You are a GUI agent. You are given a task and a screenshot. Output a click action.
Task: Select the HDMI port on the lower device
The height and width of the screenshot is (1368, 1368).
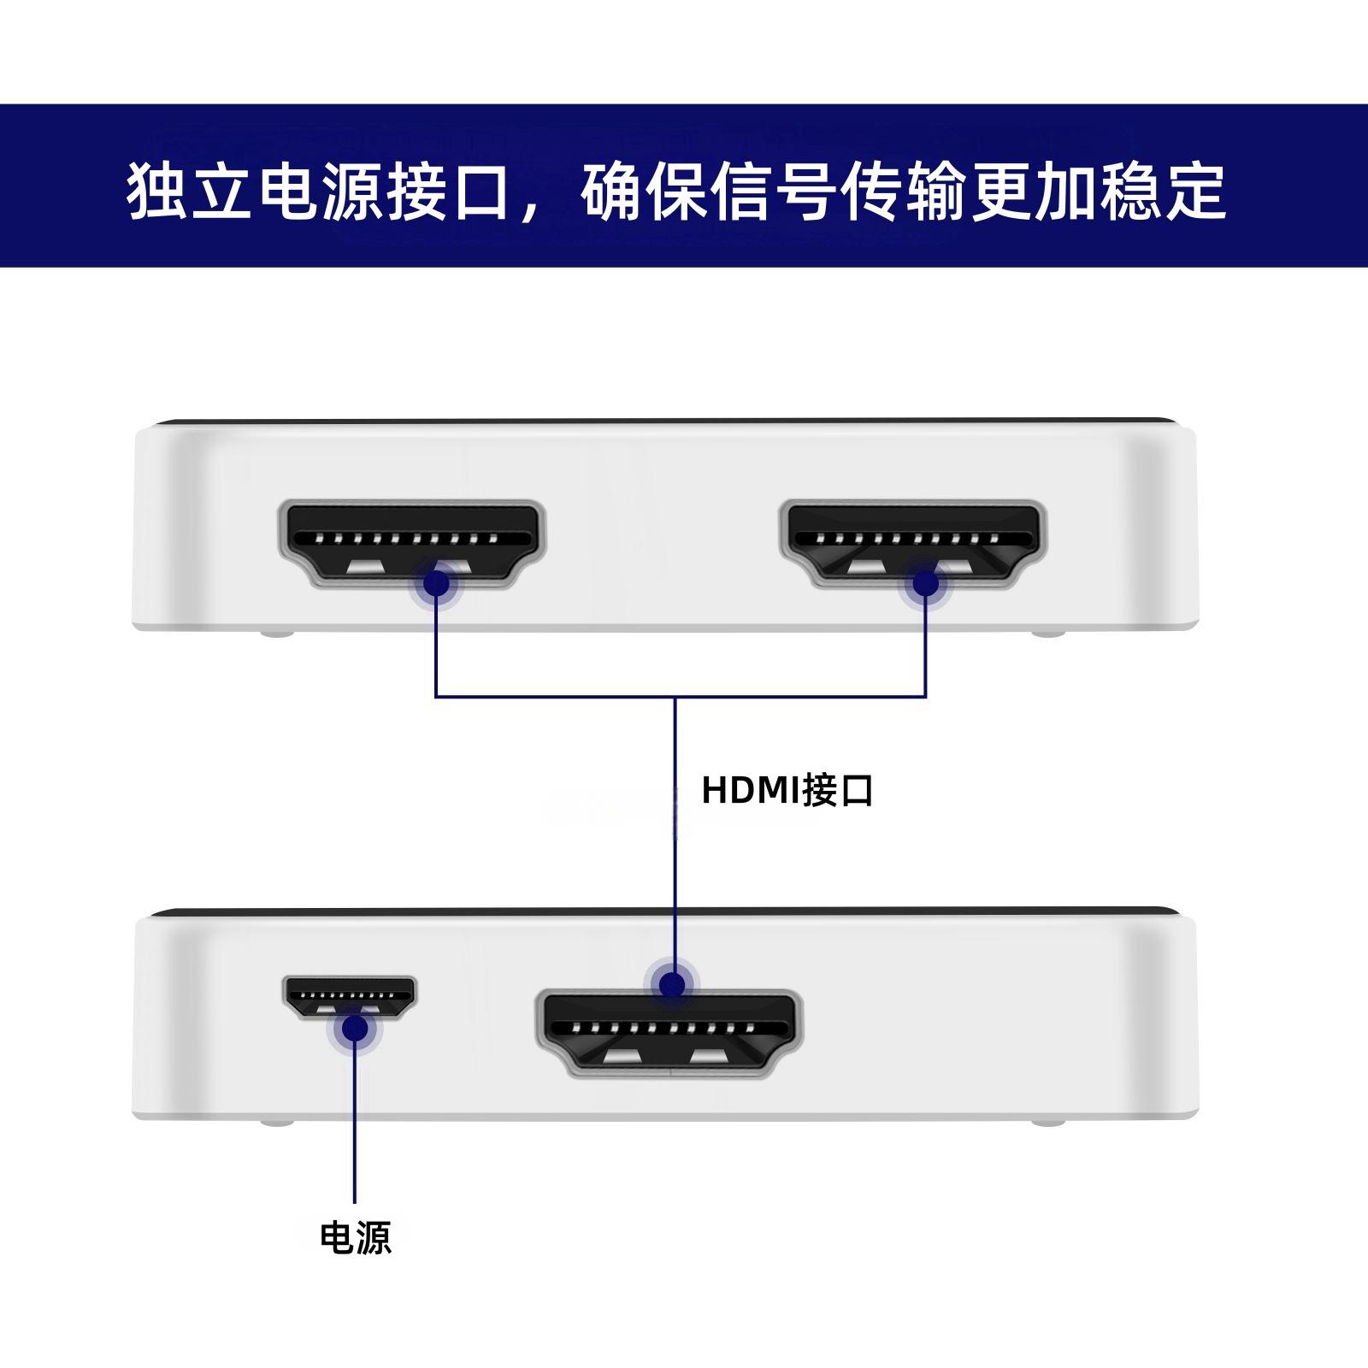coord(669,1035)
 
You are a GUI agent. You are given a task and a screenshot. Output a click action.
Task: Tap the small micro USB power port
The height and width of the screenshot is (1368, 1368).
coord(349,997)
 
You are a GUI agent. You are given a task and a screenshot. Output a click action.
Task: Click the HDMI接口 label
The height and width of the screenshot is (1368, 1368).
coord(787,790)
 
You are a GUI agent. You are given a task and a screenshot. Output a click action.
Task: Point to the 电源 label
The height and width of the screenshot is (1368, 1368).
coord(355,1237)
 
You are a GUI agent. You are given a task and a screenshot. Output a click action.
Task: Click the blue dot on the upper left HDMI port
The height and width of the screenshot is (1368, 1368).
coord(436,583)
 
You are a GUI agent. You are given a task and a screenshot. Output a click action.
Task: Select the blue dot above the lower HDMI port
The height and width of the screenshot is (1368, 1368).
coord(674,983)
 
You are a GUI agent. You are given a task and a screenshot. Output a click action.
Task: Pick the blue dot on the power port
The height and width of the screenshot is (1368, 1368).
coord(354,1029)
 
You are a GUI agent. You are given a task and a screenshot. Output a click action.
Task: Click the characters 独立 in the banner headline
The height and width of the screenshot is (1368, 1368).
coord(190,190)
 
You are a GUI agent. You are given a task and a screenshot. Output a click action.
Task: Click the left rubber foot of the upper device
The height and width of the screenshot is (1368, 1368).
coord(276,634)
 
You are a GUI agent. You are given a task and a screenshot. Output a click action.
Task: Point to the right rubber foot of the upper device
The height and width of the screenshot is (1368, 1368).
coord(1048,634)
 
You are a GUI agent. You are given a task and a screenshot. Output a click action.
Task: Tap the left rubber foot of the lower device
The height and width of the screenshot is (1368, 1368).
coord(276,1121)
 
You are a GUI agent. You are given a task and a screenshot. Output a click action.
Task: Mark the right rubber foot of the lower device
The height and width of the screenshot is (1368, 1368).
coord(1048,1121)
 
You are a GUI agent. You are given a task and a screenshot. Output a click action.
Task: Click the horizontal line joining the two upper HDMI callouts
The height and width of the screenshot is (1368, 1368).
coord(556,697)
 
